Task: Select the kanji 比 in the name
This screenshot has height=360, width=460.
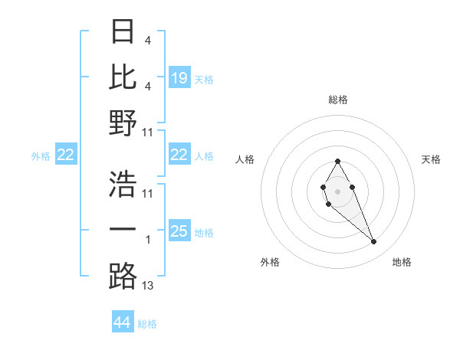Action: pos(123,77)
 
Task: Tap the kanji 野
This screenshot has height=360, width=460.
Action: pos(123,123)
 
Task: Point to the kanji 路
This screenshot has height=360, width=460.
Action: pos(123,276)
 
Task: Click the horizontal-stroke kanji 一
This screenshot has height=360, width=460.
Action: pos(123,229)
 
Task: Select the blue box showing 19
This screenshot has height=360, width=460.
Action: pos(179,77)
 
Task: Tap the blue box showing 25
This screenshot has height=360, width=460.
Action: pos(179,231)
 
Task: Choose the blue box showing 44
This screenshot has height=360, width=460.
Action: pos(122,322)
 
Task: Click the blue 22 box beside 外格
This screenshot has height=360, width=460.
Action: pos(65,155)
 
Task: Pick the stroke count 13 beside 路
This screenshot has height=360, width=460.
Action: pos(148,286)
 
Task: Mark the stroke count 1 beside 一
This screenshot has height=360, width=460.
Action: pos(148,240)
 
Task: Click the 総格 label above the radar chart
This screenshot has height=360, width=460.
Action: pos(338,100)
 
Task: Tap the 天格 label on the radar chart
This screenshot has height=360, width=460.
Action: pos(431,159)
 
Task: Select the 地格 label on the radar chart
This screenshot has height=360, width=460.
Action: pos(402,262)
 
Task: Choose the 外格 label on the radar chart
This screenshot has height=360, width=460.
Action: pos(270,262)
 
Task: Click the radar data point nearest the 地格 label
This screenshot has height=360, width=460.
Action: pos(374,242)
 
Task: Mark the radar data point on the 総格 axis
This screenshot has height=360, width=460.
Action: pos(338,161)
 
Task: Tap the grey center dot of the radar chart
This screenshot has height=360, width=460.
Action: pos(338,190)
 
